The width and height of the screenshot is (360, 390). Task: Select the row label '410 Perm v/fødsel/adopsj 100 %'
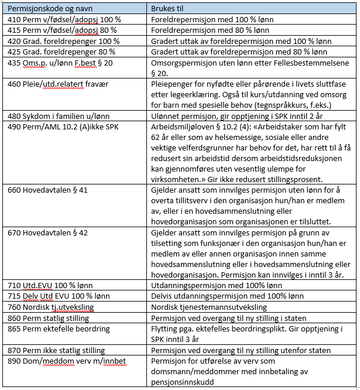click(x=64, y=19)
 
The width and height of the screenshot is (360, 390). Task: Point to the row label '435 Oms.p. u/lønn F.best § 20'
click(x=59, y=62)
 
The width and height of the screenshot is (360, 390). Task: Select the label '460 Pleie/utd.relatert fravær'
click(x=57, y=84)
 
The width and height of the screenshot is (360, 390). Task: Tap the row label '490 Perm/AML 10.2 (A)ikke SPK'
click(x=60, y=126)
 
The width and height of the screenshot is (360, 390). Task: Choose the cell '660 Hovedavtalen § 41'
click(x=46, y=190)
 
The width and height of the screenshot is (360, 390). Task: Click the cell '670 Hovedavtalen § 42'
click(x=46, y=232)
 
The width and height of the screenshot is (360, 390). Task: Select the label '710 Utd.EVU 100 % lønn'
click(x=50, y=285)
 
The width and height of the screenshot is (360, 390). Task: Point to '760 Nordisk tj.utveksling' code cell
click(x=50, y=307)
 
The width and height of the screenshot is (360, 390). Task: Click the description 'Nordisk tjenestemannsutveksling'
click(x=209, y=307)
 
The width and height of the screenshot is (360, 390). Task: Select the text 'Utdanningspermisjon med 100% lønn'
click(x=215, y=285)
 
